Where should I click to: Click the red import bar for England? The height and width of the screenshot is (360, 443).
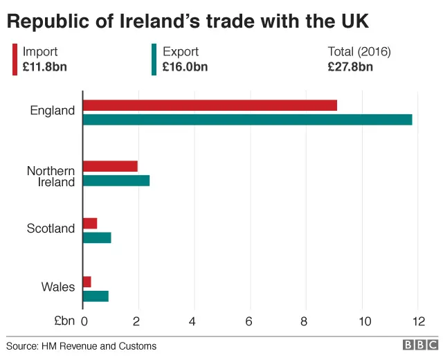point(210,105)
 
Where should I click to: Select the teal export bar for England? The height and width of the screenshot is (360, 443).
point(247,119)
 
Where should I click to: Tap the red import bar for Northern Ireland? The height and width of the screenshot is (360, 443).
point(110,166)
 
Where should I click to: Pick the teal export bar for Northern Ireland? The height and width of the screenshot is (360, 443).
point(116,181)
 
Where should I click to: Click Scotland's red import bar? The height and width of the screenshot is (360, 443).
point(90,223)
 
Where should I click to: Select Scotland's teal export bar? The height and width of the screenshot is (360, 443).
point(97,237)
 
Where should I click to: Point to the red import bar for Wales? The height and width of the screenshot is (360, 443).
point(87,282)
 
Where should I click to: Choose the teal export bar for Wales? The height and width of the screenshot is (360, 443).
point(96,296)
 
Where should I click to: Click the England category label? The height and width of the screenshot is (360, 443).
point(53,111)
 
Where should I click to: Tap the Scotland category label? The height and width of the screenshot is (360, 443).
point(51,228)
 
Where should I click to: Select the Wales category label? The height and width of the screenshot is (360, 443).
point(58,287)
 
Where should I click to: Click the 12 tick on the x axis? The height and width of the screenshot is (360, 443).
point(417,321)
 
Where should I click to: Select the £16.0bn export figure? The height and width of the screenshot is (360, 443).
point(186,66)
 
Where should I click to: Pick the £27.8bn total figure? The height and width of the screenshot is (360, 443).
point(350,66)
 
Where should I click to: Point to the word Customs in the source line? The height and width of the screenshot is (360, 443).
point(138,345)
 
